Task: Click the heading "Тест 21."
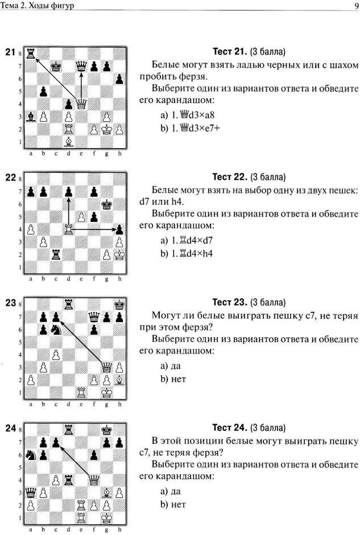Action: pyautogui.click(x=230, y=52)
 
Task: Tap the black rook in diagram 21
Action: pyautogui.click(x=31, y=53)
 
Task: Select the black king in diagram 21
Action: pyautogui.click(x=56, y=66)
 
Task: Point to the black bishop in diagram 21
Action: pyautogui.click(x=31, y=116)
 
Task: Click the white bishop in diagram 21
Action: pyautogui.click(x=68, y=141)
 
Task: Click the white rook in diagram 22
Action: pyautogui.click(x=68, y=229)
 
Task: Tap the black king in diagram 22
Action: pyautogui.click(x=106, y=204)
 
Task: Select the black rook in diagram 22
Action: pyautogui.click(x=56, y=254)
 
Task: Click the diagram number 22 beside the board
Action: pyautogui.click(x=11, y=178)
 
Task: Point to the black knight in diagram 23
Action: pyautogui.click(x=56, y=330)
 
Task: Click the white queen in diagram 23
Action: pyautogui.click(x=106, y=367)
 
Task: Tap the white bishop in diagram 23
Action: pyautogui.click(x=119, y=380)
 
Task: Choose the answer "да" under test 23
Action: pyautogui.click(x=176, y=366)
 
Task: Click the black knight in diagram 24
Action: pyautogui.click(x=31, y=455)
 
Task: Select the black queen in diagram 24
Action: pyautogui.click(x=31, y=492)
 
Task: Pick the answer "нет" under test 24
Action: pyautogui.click(x=179, y=504)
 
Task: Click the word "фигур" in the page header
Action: pyautogui.click(x=63, y=6)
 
